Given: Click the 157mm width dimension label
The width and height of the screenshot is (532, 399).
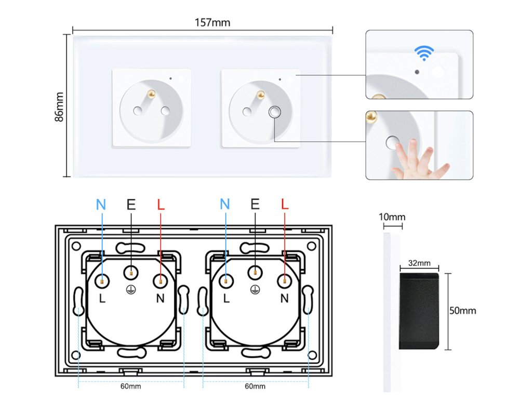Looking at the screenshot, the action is (212, 22).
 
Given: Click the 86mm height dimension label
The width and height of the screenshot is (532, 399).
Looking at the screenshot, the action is (59, 107).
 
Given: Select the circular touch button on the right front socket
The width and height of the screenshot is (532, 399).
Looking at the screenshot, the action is (274, 112).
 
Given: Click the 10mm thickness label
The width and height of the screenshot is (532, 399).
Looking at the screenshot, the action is (392, 217).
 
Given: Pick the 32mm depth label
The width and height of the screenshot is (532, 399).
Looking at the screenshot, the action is (419, 263).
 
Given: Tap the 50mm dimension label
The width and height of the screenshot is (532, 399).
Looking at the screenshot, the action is (462, 311).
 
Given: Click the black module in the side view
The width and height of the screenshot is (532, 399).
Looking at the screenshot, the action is (419, 311).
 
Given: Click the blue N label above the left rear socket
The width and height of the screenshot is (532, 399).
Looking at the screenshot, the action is (101, 205).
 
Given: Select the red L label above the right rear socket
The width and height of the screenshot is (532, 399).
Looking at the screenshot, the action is (285, 204).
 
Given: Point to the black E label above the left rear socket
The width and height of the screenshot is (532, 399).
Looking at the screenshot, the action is (131, 204).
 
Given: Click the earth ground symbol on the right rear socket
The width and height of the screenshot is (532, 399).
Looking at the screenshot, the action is (255, 289).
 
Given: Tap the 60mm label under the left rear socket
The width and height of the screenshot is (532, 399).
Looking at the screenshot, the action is (130, 386).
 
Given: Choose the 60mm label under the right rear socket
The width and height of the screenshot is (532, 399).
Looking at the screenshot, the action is (255, 386).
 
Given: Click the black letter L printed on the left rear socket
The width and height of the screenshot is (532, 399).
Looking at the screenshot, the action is (102, 298).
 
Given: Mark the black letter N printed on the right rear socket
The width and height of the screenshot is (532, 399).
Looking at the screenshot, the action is (284, 298).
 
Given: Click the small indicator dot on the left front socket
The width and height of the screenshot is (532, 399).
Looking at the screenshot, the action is (170, 79).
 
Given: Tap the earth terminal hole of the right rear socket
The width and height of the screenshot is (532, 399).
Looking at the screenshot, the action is (255, 272).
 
